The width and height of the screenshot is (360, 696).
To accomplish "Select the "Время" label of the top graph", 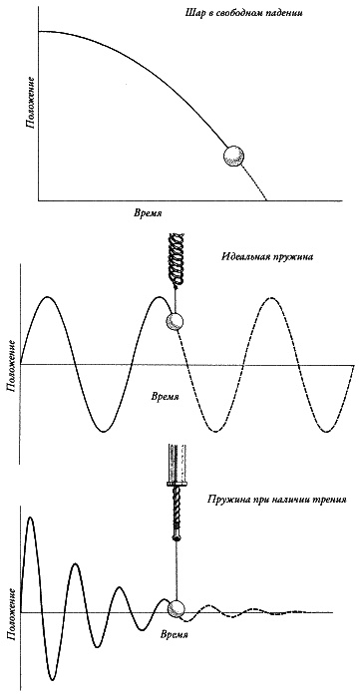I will click(x=148, y=213).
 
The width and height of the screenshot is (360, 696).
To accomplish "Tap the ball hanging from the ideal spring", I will click(x=176, y=321).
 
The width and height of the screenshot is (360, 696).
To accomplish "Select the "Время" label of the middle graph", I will click(x=164, y=394).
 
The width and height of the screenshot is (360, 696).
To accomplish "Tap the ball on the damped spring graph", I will click(x=177, y=608).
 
